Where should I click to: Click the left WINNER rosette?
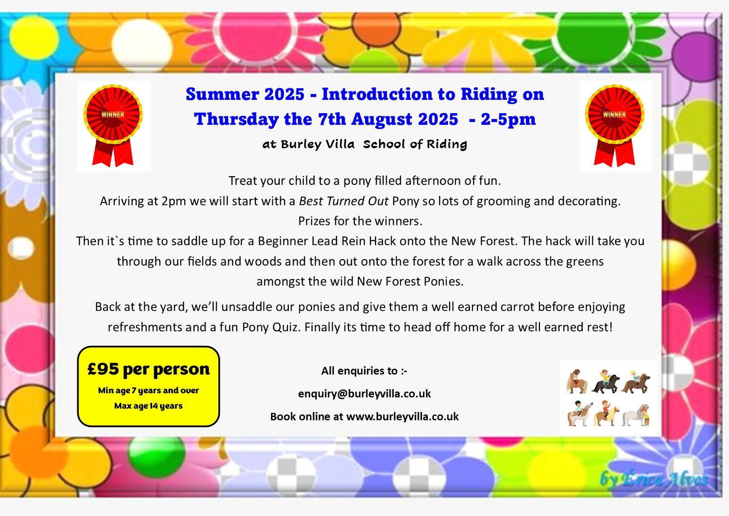pos(113,123)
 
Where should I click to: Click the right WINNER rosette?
pos(615,123)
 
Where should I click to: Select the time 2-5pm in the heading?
pos(508,119)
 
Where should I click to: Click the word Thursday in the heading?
pos(236,119)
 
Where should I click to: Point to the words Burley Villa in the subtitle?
pos(318,144)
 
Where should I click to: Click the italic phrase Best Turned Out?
pos(344,201)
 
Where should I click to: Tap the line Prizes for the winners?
pos(360,221)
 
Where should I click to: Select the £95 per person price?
pos(149,369)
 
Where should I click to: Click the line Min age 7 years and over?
pos(149,391)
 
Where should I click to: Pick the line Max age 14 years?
pos(149,406)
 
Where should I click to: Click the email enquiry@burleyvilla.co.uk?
pos(364,394)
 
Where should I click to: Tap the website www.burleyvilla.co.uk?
pos(402,417)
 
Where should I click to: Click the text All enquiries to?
pos(364,371)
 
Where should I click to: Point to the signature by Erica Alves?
pos(654,479)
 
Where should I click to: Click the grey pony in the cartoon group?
pos(636,415)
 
